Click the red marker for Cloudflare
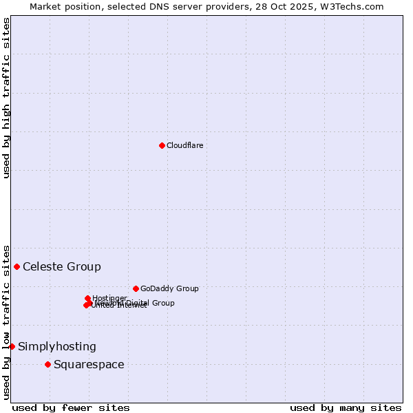(162, 145)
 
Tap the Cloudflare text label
(185, 145)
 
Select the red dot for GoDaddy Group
(136, 288)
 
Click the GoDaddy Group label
(169, 288)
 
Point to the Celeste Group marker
(17, 266)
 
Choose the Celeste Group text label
(62, 266)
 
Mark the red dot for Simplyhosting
(12, 346)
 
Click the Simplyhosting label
(57, 346)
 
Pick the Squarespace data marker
(47, 364)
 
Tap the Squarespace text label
(89, 364)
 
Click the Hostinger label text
(110, 298)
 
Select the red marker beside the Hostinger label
(87, 298)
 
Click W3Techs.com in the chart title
(354, 6)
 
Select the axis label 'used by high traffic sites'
(6, 98)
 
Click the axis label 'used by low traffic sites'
(6, 321)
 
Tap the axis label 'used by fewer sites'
(71, 407)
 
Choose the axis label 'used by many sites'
(346, 407)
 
